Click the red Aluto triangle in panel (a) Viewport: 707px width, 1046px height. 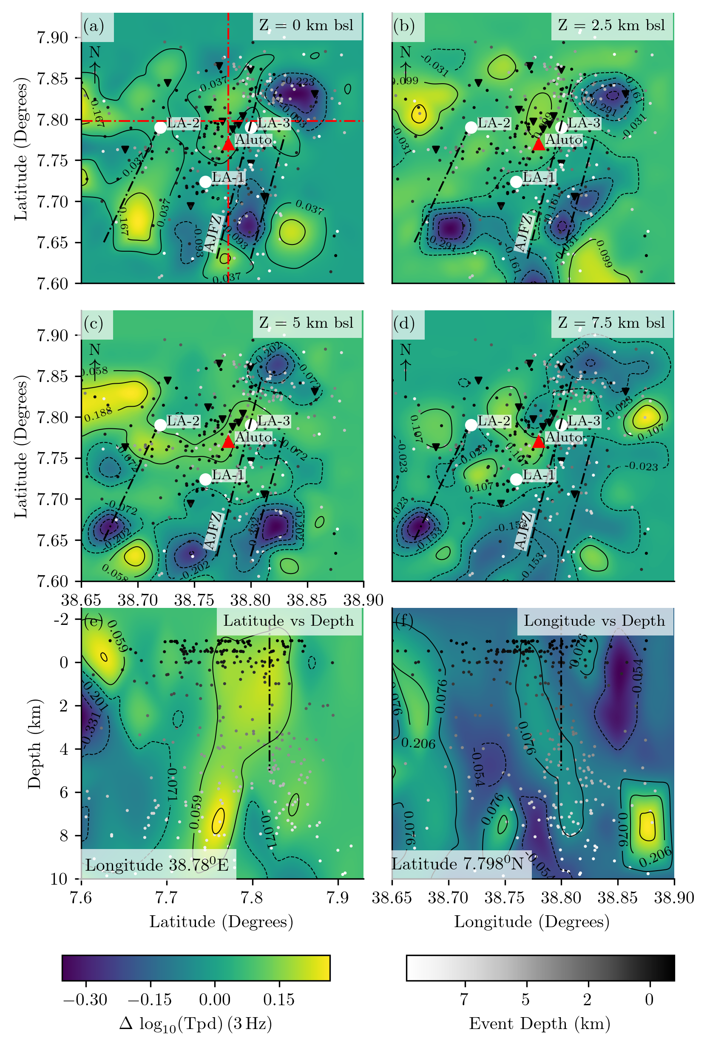click(x=228, y=143)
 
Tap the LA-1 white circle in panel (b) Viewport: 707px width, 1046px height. click(x=516, y=181)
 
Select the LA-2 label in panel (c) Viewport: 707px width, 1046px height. click(x=183, y=421)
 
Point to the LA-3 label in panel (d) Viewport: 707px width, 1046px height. click(x=584, y=421)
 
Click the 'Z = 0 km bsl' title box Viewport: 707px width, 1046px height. click(x=307, y=25)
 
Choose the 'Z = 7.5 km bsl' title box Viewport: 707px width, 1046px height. click(x=611, y=323)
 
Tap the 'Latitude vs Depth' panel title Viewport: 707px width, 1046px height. click(x=288, y=621)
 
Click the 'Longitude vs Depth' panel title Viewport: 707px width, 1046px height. click(x=594, y=621)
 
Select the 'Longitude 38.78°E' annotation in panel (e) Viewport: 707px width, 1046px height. click(x=157, y=865)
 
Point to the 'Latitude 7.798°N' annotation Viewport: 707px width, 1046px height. click(x=457, y=864)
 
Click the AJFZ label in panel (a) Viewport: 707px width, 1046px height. click(x=213, y=233)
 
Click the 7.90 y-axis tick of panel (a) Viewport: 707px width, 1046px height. click(x=52, y=38)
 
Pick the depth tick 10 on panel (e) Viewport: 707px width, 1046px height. click(x=59, y=879)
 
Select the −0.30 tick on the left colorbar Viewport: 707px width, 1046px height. click(x=85, y=999)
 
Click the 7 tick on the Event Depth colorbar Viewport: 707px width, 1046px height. click(x=465, y=999)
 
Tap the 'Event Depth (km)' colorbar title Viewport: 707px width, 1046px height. click(x=539, y=1024)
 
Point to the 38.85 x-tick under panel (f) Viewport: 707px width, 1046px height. click(x=618, y=897)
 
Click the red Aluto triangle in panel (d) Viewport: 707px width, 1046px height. click(x=539, y=441)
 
